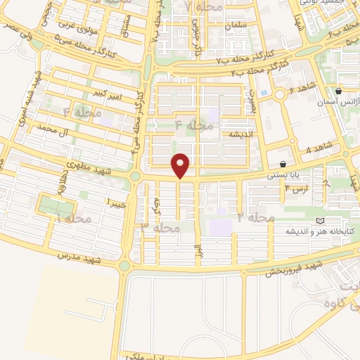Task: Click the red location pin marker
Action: pyautogui.click(x=181, y=165)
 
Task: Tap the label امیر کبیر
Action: pyautogui.click(x=110, y=92)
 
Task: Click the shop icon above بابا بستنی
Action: pyautogui.click(x=282, y=163)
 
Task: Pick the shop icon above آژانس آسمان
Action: pyautogui.click(x=338, y=91)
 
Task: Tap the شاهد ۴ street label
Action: pyautogui.click(x=318, y=150)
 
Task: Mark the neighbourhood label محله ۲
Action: pyautogui.click(x=255, y=218)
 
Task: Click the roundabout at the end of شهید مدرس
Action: pyautogui.click(x=125, y=266)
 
